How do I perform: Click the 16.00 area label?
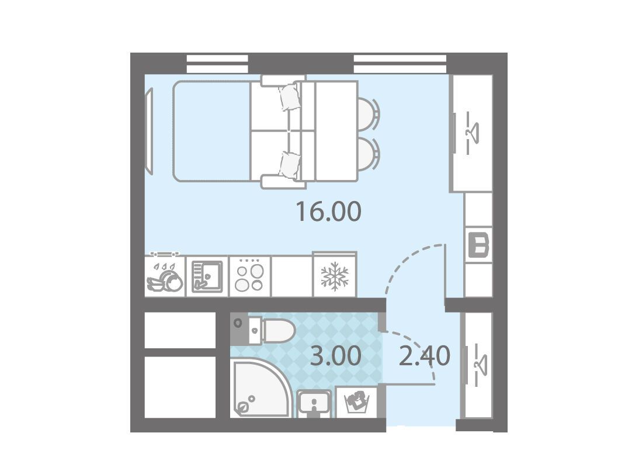[x=328, y=212]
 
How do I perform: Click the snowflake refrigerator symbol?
[x=335, y=276]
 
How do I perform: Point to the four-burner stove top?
[x=250, y=276]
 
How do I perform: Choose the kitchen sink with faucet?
[x=207, y=276]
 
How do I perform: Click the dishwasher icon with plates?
[x=165, y=276]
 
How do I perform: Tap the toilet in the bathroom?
[x=272, y=330]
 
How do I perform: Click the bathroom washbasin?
[x=314, y=403]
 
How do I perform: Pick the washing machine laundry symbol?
[x=356, y=401]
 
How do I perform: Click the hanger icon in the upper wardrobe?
[x=472, y=133]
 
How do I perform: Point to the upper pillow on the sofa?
[x=290, y=97]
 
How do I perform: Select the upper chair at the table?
[x=369, y=113]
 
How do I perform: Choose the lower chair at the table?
[x=369, y=154]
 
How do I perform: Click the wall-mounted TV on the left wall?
[x=150, y=130]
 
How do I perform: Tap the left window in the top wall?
[x=217, y=64]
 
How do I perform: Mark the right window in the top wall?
[x=401, y=64]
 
